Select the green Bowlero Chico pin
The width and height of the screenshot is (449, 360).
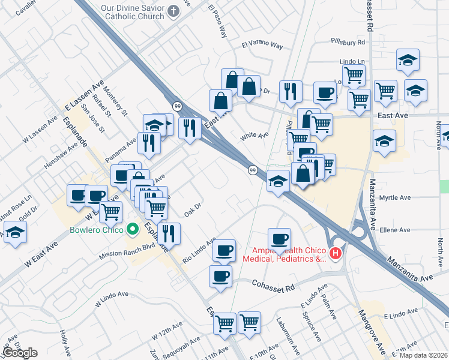133,230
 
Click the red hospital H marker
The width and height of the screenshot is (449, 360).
336,254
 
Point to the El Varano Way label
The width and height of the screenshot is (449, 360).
262,45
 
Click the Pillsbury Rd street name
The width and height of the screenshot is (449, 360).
348,43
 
